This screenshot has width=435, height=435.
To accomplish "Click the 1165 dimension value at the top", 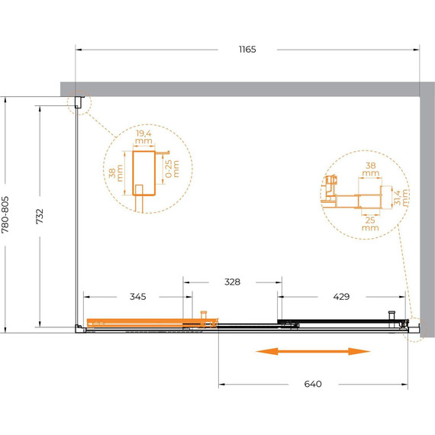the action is pyautogui.click(x=247, y=50).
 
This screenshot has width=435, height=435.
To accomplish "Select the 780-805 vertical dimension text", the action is pyautogui.click(x=5, y=214).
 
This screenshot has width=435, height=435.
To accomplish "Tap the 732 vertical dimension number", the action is pyautogui.click(x=40, y=217).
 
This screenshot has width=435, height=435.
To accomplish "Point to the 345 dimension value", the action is pyautogui.click(x=138, y=297).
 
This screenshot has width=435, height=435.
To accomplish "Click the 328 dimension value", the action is pyautogui.click(x=232, y=282).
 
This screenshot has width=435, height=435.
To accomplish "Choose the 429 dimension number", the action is pyautogui.click(x=341, y=297).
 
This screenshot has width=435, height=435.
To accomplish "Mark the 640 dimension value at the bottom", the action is pyautogui.click(x=313, y=384).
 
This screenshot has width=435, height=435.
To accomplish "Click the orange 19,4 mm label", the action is pyautogui.click(x=143, y=137).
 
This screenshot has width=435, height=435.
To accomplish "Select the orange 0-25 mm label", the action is pyautogui.click(x=172, y=169).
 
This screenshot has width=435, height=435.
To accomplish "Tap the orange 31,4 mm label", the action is pyautogui.click(x=401, y=197).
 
